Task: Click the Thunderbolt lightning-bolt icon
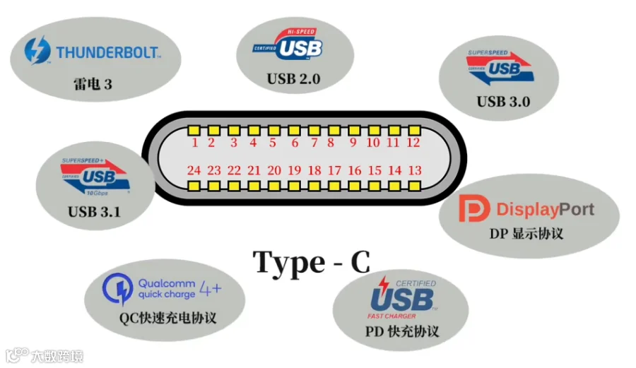[37, 51]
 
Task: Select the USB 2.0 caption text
[293, 78]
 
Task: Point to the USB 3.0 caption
[503, 101]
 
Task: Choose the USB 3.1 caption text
[95, 210]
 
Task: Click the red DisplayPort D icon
[471, 208]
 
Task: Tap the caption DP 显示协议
[526, 232]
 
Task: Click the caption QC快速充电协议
[167, 317]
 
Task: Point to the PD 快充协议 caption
[402, 331]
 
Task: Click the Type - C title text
[312, 262]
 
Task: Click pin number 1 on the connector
[194, 143]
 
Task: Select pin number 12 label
[413, 143]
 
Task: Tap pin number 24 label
[194, 170]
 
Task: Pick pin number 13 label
[415, 170]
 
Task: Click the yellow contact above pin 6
[293, 131]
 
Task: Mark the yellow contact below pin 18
[314, 185]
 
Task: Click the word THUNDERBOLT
[108, 52]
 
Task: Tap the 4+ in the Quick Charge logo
[211, 288]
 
